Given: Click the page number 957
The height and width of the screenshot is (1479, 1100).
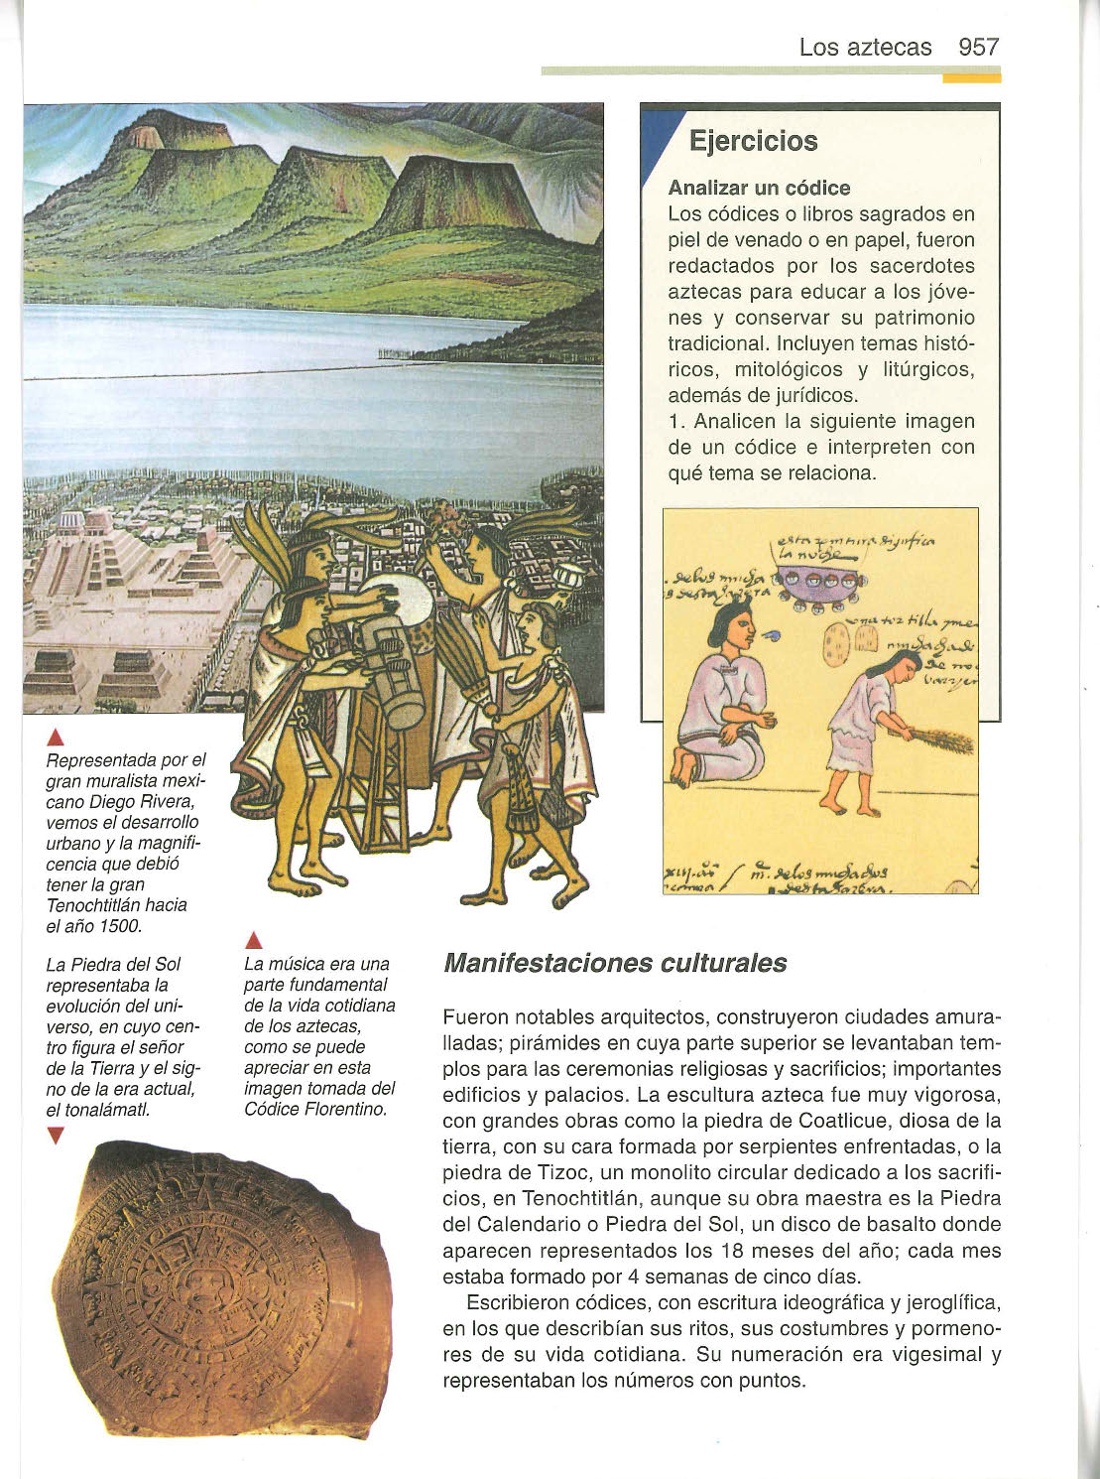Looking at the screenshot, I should [x=979, y=47].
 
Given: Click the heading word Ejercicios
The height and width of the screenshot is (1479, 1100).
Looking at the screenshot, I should [x=753, y=141].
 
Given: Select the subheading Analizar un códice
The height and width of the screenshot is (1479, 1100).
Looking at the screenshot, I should [x=759, y=188].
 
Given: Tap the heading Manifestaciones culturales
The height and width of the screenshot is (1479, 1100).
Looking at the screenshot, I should [x=615, y=963].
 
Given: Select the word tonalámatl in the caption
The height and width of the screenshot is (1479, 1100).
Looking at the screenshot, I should [x=107, y=1110].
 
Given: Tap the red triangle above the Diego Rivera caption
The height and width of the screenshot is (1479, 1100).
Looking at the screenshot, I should [x=56, y=736].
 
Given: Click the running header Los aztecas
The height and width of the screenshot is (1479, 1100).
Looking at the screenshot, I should [x=865, y=47].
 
